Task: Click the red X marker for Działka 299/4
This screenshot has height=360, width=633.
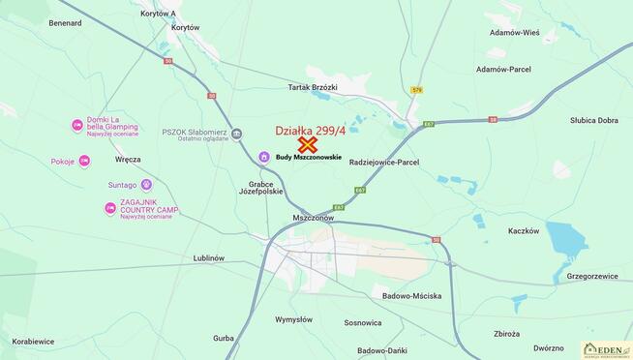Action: [309, 144]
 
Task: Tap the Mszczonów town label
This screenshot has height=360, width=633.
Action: [313, 219]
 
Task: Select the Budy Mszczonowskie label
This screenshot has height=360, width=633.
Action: [309, 158]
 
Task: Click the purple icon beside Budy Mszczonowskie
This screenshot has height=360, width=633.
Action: [263, 157]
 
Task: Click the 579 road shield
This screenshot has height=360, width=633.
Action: [417, 90]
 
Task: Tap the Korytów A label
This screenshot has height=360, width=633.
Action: [158, 15]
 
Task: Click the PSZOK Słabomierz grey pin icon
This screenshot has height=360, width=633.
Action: [236, 133]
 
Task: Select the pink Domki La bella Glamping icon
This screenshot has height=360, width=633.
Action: [77, 126]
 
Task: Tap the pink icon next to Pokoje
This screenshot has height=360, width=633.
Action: [84, 161]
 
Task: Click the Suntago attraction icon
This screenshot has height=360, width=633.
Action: [146, 184]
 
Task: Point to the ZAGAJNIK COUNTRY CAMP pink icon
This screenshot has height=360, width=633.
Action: [110, 207]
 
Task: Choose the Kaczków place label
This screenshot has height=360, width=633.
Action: [523, 231]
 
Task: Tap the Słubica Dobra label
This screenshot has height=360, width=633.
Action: [593, 121]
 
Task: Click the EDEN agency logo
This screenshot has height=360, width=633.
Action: [605, 349]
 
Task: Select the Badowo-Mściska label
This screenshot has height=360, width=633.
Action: [410, 295]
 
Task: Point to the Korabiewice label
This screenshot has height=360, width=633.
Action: [34, 342]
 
